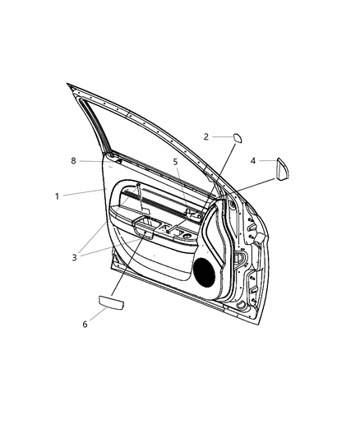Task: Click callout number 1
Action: (57, 196)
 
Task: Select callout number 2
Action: (206, 137)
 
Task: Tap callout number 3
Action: (74, 257)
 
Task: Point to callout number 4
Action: (253, 161)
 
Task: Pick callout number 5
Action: (175, 162)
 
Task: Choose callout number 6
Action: (84, 325)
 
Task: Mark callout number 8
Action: (73, 161)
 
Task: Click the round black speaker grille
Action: (205, 270)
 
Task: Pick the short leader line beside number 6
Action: (95, 314)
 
